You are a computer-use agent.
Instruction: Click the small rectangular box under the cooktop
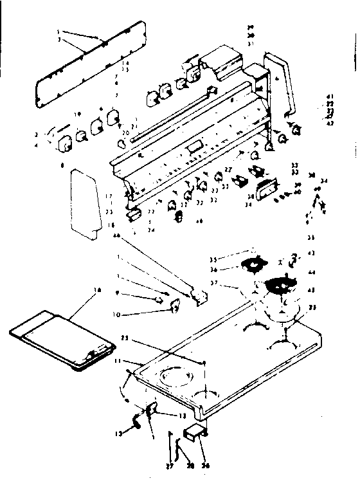coord(194,435)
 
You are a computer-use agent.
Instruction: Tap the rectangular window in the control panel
coord(194,149)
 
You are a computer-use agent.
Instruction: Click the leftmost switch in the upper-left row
coord(65,144)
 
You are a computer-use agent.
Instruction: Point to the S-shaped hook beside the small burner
coord(293,258)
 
